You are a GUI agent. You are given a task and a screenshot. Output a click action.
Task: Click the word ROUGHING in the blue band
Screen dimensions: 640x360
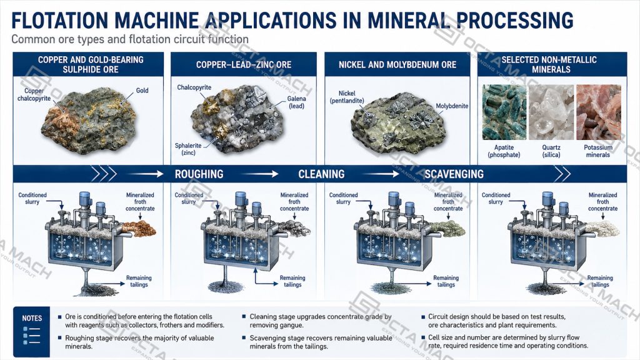click(x=199, y=174)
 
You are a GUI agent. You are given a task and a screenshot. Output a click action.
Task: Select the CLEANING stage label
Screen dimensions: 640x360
click(x=321, y=174)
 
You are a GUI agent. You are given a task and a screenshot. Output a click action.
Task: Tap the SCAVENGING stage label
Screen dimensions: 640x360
click(x=454, y=174)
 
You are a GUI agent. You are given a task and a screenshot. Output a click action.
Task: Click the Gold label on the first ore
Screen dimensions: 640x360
click(x=142, y=91)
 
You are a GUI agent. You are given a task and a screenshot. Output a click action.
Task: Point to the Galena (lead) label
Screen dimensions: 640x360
click(x=297, y=102)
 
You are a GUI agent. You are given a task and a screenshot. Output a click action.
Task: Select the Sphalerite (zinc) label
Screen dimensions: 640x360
click(x=188, y=149)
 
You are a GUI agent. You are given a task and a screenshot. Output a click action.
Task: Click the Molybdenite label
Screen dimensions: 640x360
click(x=452, y=106)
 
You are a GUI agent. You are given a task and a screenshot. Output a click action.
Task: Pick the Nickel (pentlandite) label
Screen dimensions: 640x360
click(x=347, y=97)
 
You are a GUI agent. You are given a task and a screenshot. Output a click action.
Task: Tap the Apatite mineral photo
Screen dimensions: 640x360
click(x=504, y=112)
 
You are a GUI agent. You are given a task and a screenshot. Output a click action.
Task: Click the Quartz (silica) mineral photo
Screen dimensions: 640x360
click(x=551, y=112)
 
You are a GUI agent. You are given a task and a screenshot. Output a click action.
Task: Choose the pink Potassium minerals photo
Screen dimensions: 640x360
click(x=598, y=112)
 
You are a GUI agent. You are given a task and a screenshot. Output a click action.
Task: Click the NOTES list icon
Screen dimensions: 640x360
click(x=31, y=336)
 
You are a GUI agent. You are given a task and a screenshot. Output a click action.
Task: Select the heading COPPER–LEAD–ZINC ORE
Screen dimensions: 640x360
click(x=244, y=65)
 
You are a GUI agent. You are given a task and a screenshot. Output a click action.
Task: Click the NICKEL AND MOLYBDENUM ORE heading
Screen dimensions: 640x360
click(x=397, y=65)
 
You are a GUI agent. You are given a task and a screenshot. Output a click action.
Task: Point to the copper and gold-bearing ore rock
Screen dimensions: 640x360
click(x=89, y=120)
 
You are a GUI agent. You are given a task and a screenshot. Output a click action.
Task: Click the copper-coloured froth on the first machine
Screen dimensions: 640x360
click(x=139, y=229)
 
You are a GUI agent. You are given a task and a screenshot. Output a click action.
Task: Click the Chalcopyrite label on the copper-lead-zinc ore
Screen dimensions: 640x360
click(x=194, y=87)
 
